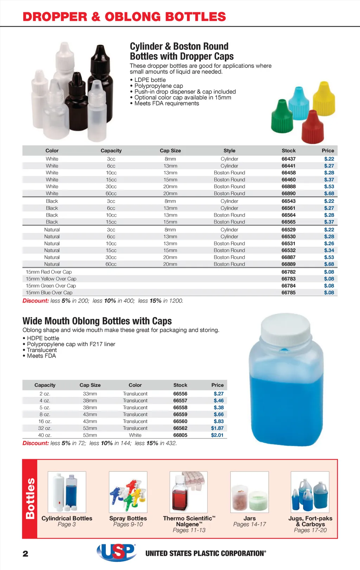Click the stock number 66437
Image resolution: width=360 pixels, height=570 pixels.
(288, 159)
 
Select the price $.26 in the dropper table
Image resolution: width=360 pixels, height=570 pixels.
(329, 243)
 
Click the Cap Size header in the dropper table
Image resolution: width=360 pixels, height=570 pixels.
(170, 150)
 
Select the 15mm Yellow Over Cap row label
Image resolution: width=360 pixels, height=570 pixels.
(51, 279)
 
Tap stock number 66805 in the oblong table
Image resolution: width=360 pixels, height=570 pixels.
(180, 435)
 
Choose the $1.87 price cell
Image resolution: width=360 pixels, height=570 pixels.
(217, 428)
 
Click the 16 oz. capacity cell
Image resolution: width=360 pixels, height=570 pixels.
(45, 421)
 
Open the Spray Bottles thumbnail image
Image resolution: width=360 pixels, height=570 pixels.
(128, 492)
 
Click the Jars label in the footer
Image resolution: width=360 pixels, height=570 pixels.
(249, 518)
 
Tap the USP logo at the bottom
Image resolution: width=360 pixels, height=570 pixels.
(116, 552)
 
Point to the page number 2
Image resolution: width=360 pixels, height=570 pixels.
(25, 554)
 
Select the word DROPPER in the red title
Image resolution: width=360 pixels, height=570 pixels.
(55, 17)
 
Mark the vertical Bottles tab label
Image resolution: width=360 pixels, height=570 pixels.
(30, 498)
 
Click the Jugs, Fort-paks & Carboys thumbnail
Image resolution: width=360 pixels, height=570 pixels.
(310, 492)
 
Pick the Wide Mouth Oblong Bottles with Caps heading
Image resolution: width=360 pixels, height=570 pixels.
(97, 321)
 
